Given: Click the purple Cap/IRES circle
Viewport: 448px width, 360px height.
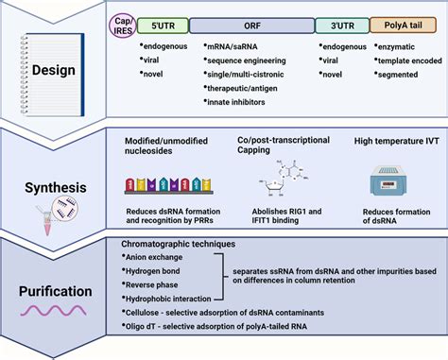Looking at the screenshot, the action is [123, 26].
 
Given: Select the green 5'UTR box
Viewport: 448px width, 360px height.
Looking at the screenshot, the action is [163, 26].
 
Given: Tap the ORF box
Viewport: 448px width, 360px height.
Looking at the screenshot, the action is [252, 26].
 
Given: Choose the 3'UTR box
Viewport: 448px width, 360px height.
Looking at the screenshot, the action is [342, 26].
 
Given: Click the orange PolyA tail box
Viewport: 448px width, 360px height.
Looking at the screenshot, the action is [403, 26].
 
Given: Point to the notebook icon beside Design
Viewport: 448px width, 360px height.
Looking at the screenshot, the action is [52, 75].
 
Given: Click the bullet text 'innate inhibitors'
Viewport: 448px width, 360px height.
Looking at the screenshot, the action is [234, 102].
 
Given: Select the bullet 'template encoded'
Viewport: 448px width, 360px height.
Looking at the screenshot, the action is [408, 60].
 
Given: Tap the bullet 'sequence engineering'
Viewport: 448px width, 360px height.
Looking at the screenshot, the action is [245, 60].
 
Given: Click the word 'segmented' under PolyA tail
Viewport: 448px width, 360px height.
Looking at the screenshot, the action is [398, 75].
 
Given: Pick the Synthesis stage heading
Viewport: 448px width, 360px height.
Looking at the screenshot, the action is [56, 188].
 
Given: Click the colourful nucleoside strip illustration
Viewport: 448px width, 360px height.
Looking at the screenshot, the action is [168, 185].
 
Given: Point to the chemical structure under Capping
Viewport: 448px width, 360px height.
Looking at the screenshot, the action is [283, 178].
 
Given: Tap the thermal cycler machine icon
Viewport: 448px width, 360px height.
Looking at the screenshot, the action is [388, 180].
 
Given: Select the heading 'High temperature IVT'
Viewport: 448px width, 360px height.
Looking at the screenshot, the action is [396, 141].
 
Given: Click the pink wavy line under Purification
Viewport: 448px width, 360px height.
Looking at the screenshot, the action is [53, 311].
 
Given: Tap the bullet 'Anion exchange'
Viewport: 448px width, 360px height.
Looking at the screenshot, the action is [152, 257].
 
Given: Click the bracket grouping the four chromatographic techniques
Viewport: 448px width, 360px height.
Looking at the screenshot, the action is [223, 277].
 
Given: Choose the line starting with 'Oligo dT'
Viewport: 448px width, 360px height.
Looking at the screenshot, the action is [215, 326].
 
